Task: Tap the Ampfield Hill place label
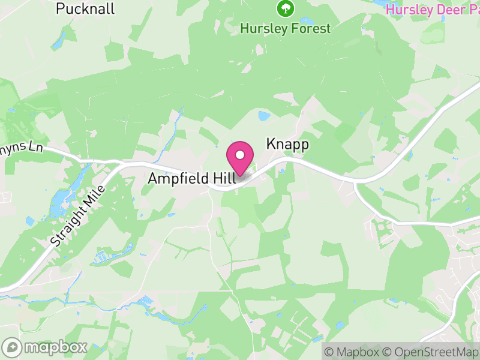(187, 178)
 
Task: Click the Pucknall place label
(85, 8)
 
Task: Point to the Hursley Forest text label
(285, 28)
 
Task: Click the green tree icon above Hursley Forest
(285, 8)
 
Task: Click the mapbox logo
(46, 347)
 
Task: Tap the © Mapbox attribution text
(351, 352)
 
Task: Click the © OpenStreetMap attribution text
(429, 352)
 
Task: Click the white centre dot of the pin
(240, 155)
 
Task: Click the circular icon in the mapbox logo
(12, 347)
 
